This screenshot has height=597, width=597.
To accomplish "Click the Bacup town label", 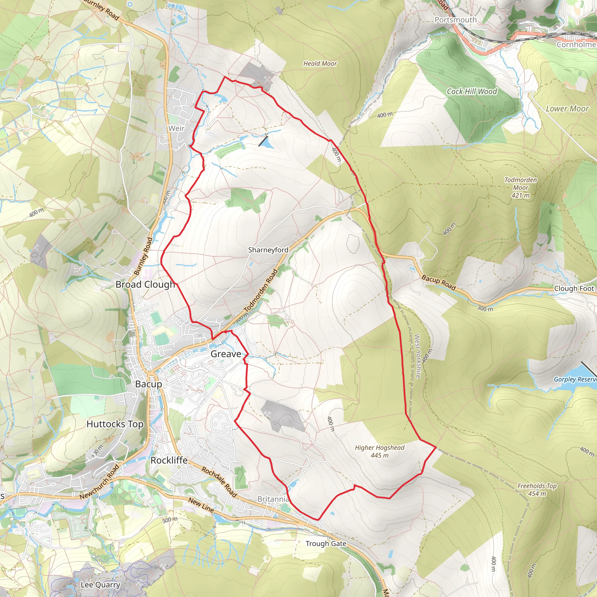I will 149,384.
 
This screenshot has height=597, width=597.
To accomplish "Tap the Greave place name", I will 226,354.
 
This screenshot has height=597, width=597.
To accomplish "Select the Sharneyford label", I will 268,250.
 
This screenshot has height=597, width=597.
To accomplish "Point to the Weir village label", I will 176,128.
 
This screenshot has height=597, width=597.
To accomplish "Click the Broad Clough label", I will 145,284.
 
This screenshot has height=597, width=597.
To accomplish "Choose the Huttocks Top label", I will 115,424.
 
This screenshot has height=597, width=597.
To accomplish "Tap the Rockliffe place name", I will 169,460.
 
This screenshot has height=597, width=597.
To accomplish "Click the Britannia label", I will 273,499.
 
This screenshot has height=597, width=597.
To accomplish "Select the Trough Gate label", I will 326,543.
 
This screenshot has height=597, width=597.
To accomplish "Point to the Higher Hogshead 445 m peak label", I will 380,451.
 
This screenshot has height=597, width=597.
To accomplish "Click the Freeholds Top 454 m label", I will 537,489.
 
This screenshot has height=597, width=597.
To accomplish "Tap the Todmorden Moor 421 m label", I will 521,187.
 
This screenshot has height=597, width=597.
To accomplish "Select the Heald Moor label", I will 320,63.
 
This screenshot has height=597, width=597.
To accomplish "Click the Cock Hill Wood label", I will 472,92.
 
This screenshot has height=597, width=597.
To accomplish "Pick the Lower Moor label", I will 567,108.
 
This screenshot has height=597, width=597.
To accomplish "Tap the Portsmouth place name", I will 456,20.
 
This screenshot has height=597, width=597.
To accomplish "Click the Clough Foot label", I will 574,288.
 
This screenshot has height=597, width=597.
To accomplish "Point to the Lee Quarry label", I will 101,584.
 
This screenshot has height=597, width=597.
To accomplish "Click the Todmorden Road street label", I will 261,290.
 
